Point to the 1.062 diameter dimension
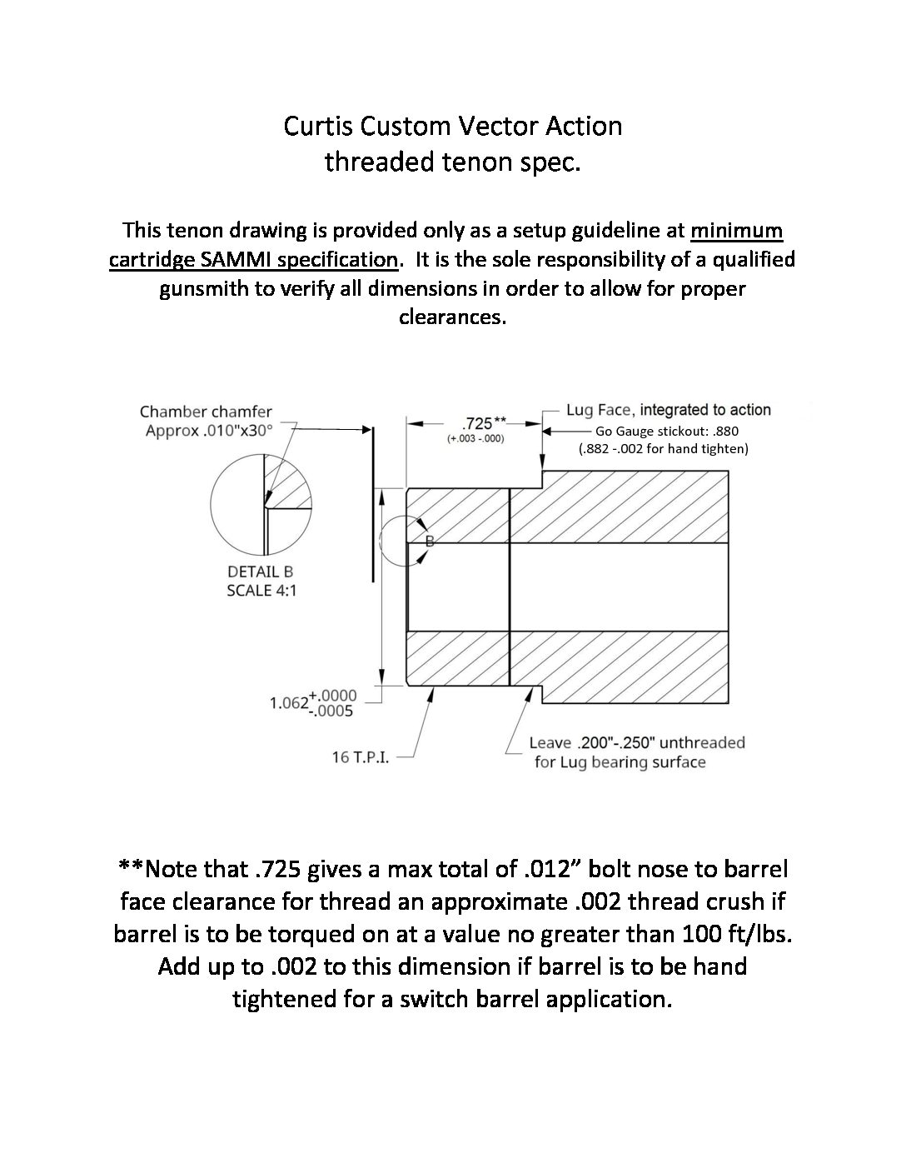click(x=289, y=703)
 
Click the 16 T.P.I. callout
click(x=361, y=757)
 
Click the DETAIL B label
click(x=260, y=572)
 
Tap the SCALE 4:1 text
click(x=261, y=591)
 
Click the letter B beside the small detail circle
click(x=430, y=542)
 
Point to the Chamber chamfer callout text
click(x=206, y=412)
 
